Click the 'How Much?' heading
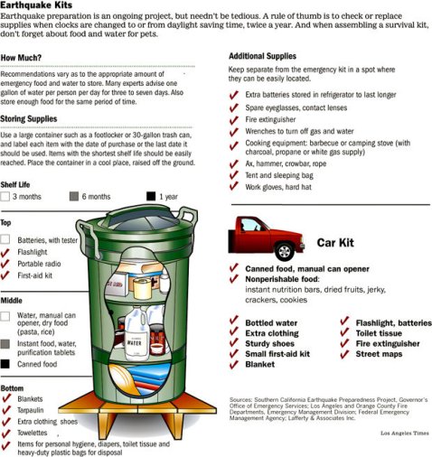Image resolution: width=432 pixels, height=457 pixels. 24,57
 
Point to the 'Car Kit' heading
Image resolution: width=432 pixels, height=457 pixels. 338,242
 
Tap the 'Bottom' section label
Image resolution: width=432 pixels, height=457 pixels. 13,387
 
